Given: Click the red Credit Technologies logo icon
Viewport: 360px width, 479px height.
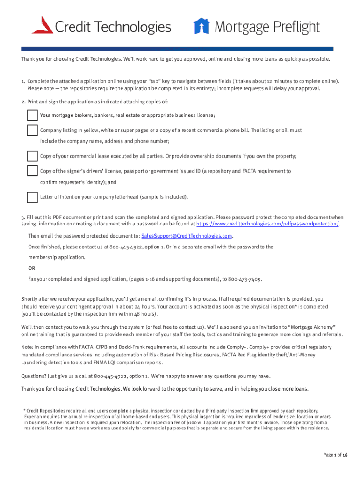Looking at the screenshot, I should click(42, 25).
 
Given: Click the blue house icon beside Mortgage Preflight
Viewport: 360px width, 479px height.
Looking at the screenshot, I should click(202, 26).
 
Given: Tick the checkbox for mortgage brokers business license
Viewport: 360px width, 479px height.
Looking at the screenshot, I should click(32, 116).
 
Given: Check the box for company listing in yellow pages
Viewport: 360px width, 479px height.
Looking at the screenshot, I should click(32, 130).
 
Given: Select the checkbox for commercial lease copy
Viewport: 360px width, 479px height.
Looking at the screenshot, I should click(32, 156).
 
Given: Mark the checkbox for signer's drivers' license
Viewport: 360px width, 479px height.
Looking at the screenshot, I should click(32, 171).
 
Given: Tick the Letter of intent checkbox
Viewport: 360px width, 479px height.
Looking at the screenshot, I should click(32, 197).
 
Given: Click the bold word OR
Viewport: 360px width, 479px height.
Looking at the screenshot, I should click(31, 269).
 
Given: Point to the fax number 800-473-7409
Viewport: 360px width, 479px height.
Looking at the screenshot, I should click(245, 279).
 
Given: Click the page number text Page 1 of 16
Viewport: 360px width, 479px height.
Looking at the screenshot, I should click(335, 455).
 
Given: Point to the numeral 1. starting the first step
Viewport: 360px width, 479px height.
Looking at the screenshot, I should click(23, 81).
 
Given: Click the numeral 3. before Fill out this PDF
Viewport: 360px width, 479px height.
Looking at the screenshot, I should click(23, 218).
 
